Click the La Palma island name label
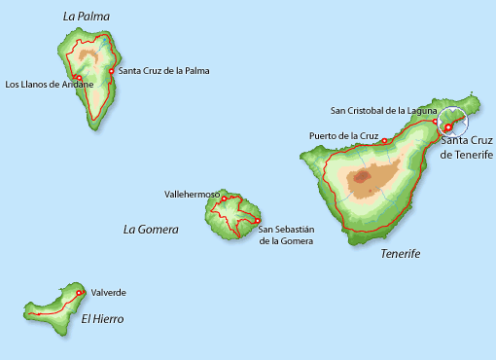[86, 17]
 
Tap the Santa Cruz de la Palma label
[163, 71]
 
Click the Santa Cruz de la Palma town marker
[112, 71]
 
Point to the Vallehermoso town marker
[224, 199]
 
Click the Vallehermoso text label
[193, 195]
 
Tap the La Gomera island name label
[151, 230]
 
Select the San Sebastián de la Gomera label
[287, 234]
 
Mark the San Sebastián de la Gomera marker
[257, 220]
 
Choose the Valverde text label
[108, 292]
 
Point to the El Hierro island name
[102, 318]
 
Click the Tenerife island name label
[400, 253]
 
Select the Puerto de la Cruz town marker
[384, 141]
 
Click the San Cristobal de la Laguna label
[384, 111]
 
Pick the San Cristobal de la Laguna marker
[435, 122]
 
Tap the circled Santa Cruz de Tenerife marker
[448, 127]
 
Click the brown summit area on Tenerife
[367, 177]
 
